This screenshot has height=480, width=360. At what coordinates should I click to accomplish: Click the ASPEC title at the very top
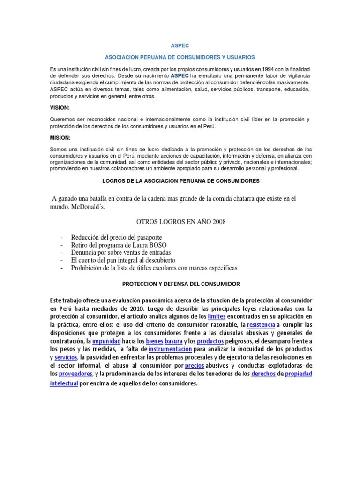click(180, 46)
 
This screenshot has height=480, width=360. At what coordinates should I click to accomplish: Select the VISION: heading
click(60, 107)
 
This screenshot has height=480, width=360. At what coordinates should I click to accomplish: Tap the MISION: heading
click(60, 138)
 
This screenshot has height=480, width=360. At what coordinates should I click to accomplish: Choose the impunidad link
click(106, 341)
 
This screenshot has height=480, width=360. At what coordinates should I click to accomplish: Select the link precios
click(194, 366)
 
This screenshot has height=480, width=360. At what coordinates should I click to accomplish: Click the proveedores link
click(75, 374)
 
